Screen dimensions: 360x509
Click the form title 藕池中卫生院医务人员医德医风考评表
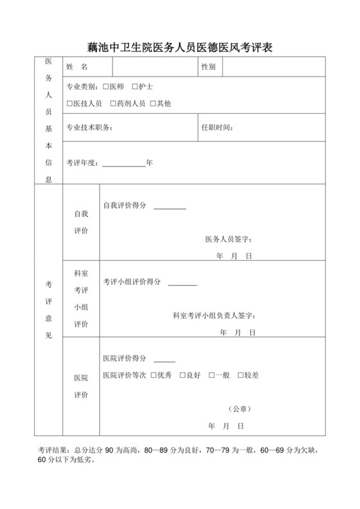[179, 46]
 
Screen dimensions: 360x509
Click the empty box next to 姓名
[154, 67]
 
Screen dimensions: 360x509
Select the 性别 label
[208, 67]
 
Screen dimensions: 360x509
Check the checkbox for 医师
[106, 86]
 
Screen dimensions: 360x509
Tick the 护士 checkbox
[135, 86]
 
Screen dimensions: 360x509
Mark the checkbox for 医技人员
[69, 103]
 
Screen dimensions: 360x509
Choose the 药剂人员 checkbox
[113, 103]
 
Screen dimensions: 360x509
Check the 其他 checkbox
[152, 103]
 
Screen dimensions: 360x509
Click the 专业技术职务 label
[89, 127]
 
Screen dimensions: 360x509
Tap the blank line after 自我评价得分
[170, 208]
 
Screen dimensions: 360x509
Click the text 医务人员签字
[228, 240]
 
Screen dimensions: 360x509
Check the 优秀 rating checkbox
[154, 375]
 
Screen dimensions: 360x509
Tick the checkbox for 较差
[241, 375]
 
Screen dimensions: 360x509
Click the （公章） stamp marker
[239, 409]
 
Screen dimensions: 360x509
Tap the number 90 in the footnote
[109, 451]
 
